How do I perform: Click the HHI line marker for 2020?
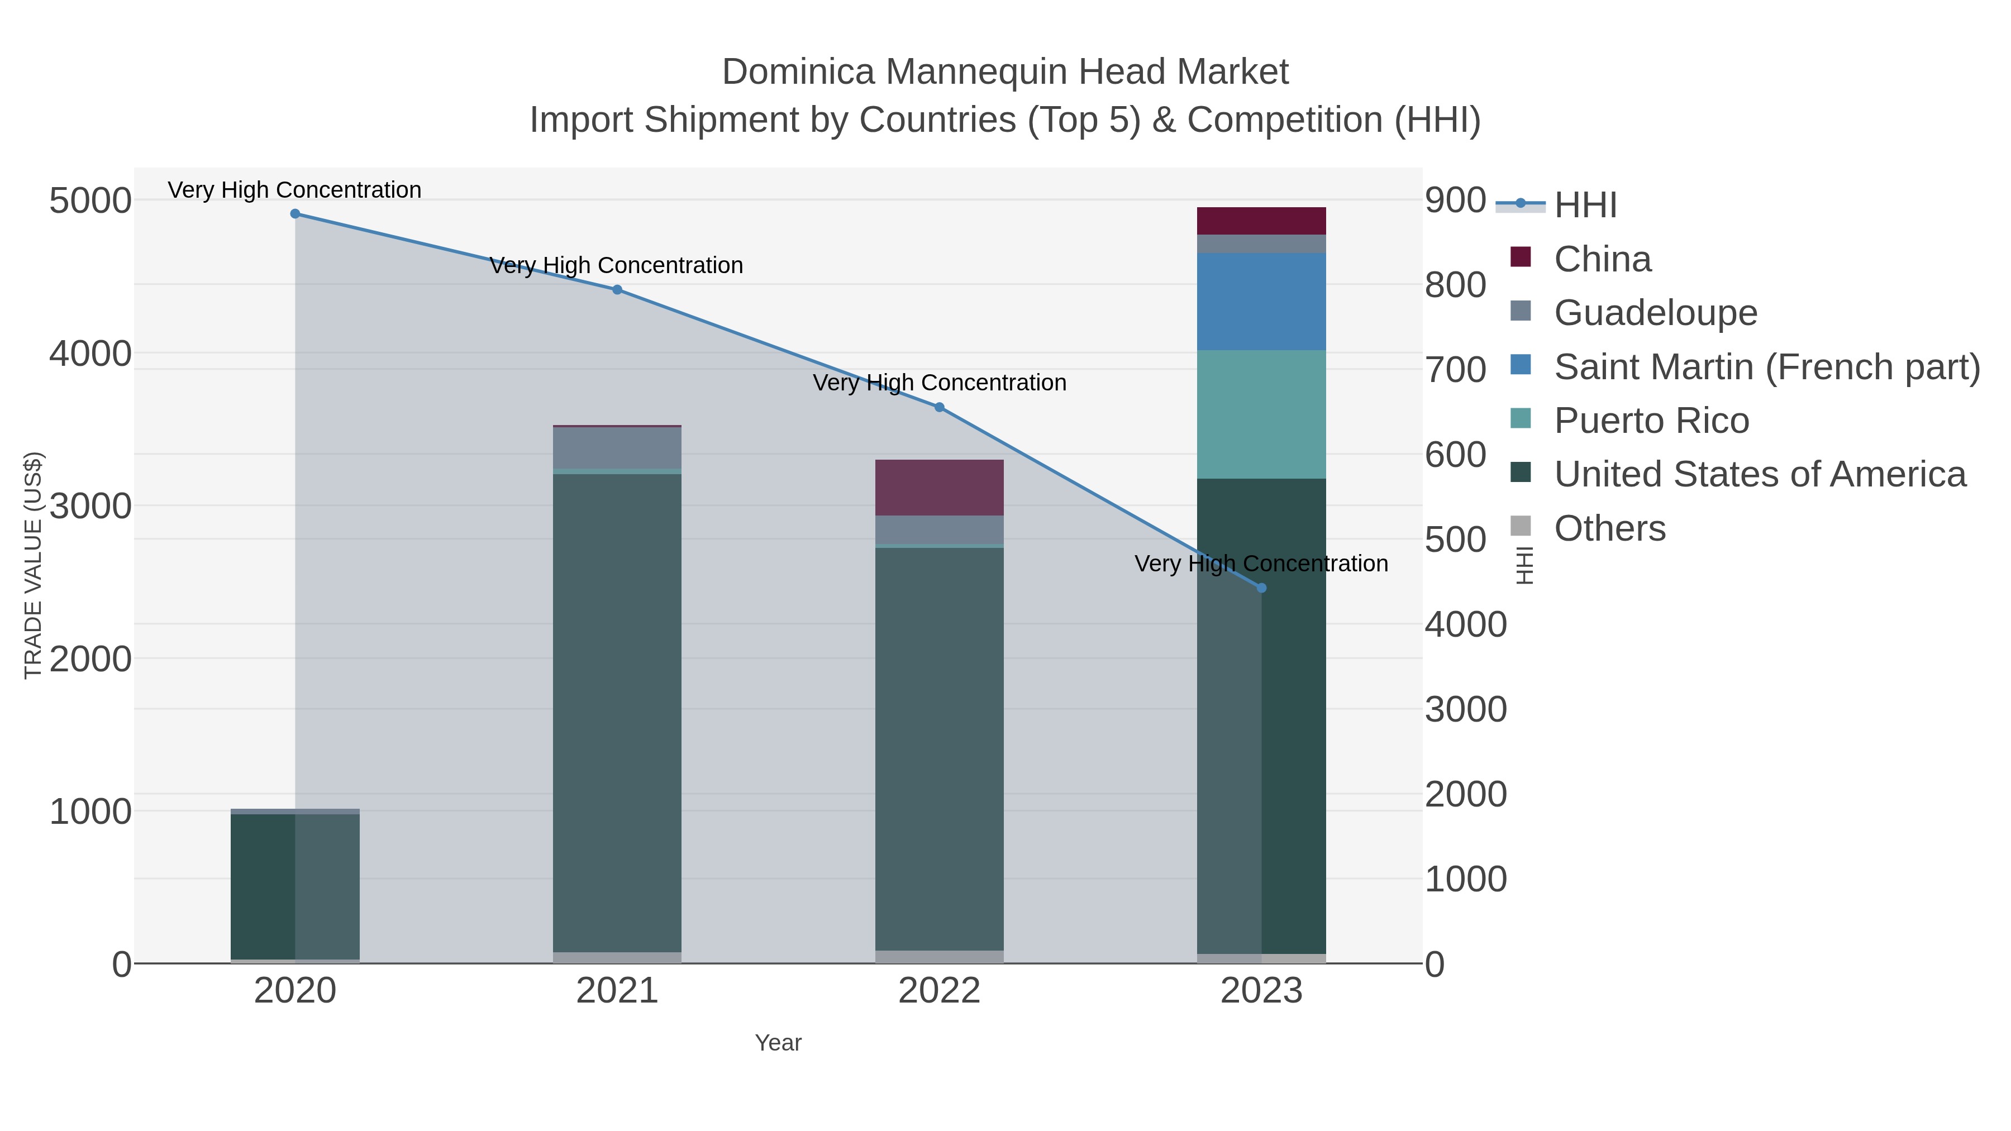tap(295, 214)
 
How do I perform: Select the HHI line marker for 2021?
tap(617, 289)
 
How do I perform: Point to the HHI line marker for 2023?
tap(1261, 588)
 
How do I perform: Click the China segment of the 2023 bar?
tap(1261, 221)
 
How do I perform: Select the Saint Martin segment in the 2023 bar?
tap(1261, 301)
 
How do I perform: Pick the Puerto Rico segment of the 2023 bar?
tap(1261, 414)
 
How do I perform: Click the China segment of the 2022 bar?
tap(939, 488)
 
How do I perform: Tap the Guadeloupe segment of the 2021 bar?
tap(617, 447)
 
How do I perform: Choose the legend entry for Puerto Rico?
tap(1651, 421)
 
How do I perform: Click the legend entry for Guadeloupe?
tap(1655, 313)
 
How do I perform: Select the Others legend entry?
tap(1610, 528)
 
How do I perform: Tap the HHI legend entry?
tap(1585, 206)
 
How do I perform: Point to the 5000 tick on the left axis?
tap(90, 201)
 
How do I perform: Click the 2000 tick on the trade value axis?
tap(90, 660)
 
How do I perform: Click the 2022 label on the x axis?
tap(939, 991)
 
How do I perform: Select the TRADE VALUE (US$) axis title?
tap(33, 565)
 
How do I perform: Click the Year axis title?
tap(778, 1043)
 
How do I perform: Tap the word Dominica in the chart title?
tap(798, 72)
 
